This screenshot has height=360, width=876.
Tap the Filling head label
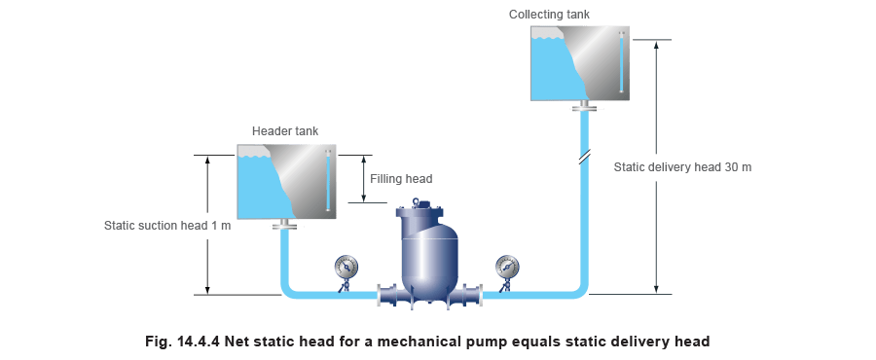tap(397, 179)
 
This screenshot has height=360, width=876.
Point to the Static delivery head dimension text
tap(685, 167)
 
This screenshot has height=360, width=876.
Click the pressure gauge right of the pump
tap(507, 267)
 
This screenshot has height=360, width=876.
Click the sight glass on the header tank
tap(329, 180)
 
